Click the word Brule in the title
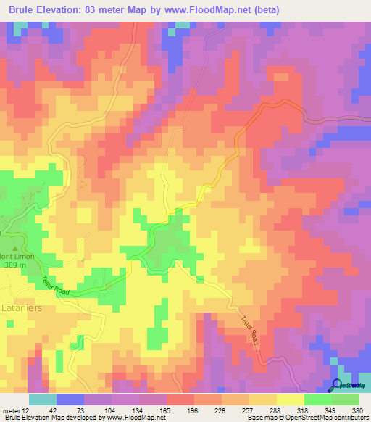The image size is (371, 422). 22,9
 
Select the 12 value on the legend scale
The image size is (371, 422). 28,410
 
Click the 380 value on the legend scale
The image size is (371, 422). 357,410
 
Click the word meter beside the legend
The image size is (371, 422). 11,410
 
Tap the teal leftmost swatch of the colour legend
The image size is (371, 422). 42,400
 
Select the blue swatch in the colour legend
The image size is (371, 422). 70,400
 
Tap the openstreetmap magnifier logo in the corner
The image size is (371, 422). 338,385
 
